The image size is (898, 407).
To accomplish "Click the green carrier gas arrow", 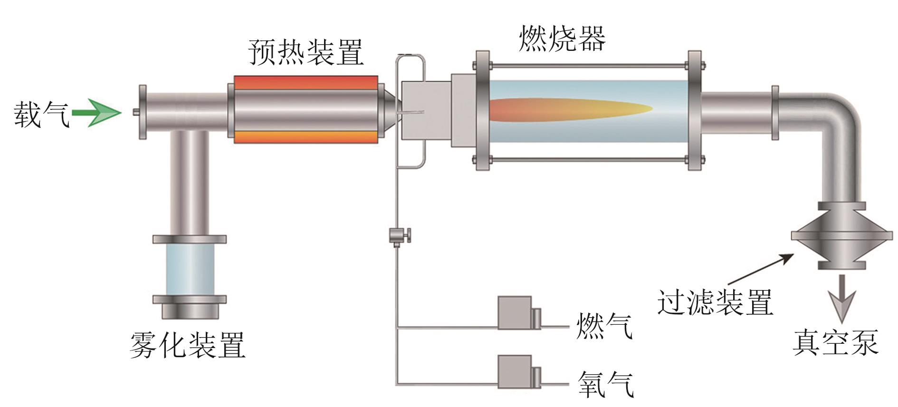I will pos(97,113).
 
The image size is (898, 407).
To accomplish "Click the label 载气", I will pos(42,114).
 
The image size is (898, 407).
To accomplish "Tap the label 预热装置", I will pos(306,52).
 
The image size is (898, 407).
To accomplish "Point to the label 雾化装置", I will pos(187,345).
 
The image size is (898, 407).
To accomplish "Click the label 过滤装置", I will pos(715,302).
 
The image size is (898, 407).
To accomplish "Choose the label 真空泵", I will pos(835,342).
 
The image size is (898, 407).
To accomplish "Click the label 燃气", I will pos(604,326).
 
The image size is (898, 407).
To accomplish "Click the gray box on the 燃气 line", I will pos(515,313).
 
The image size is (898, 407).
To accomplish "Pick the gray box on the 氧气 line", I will pos(515,371).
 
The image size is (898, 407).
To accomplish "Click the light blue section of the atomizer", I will pos(190,270).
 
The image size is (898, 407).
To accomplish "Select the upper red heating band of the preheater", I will pos(306,82).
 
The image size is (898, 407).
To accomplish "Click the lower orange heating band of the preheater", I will pos(306,137).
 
